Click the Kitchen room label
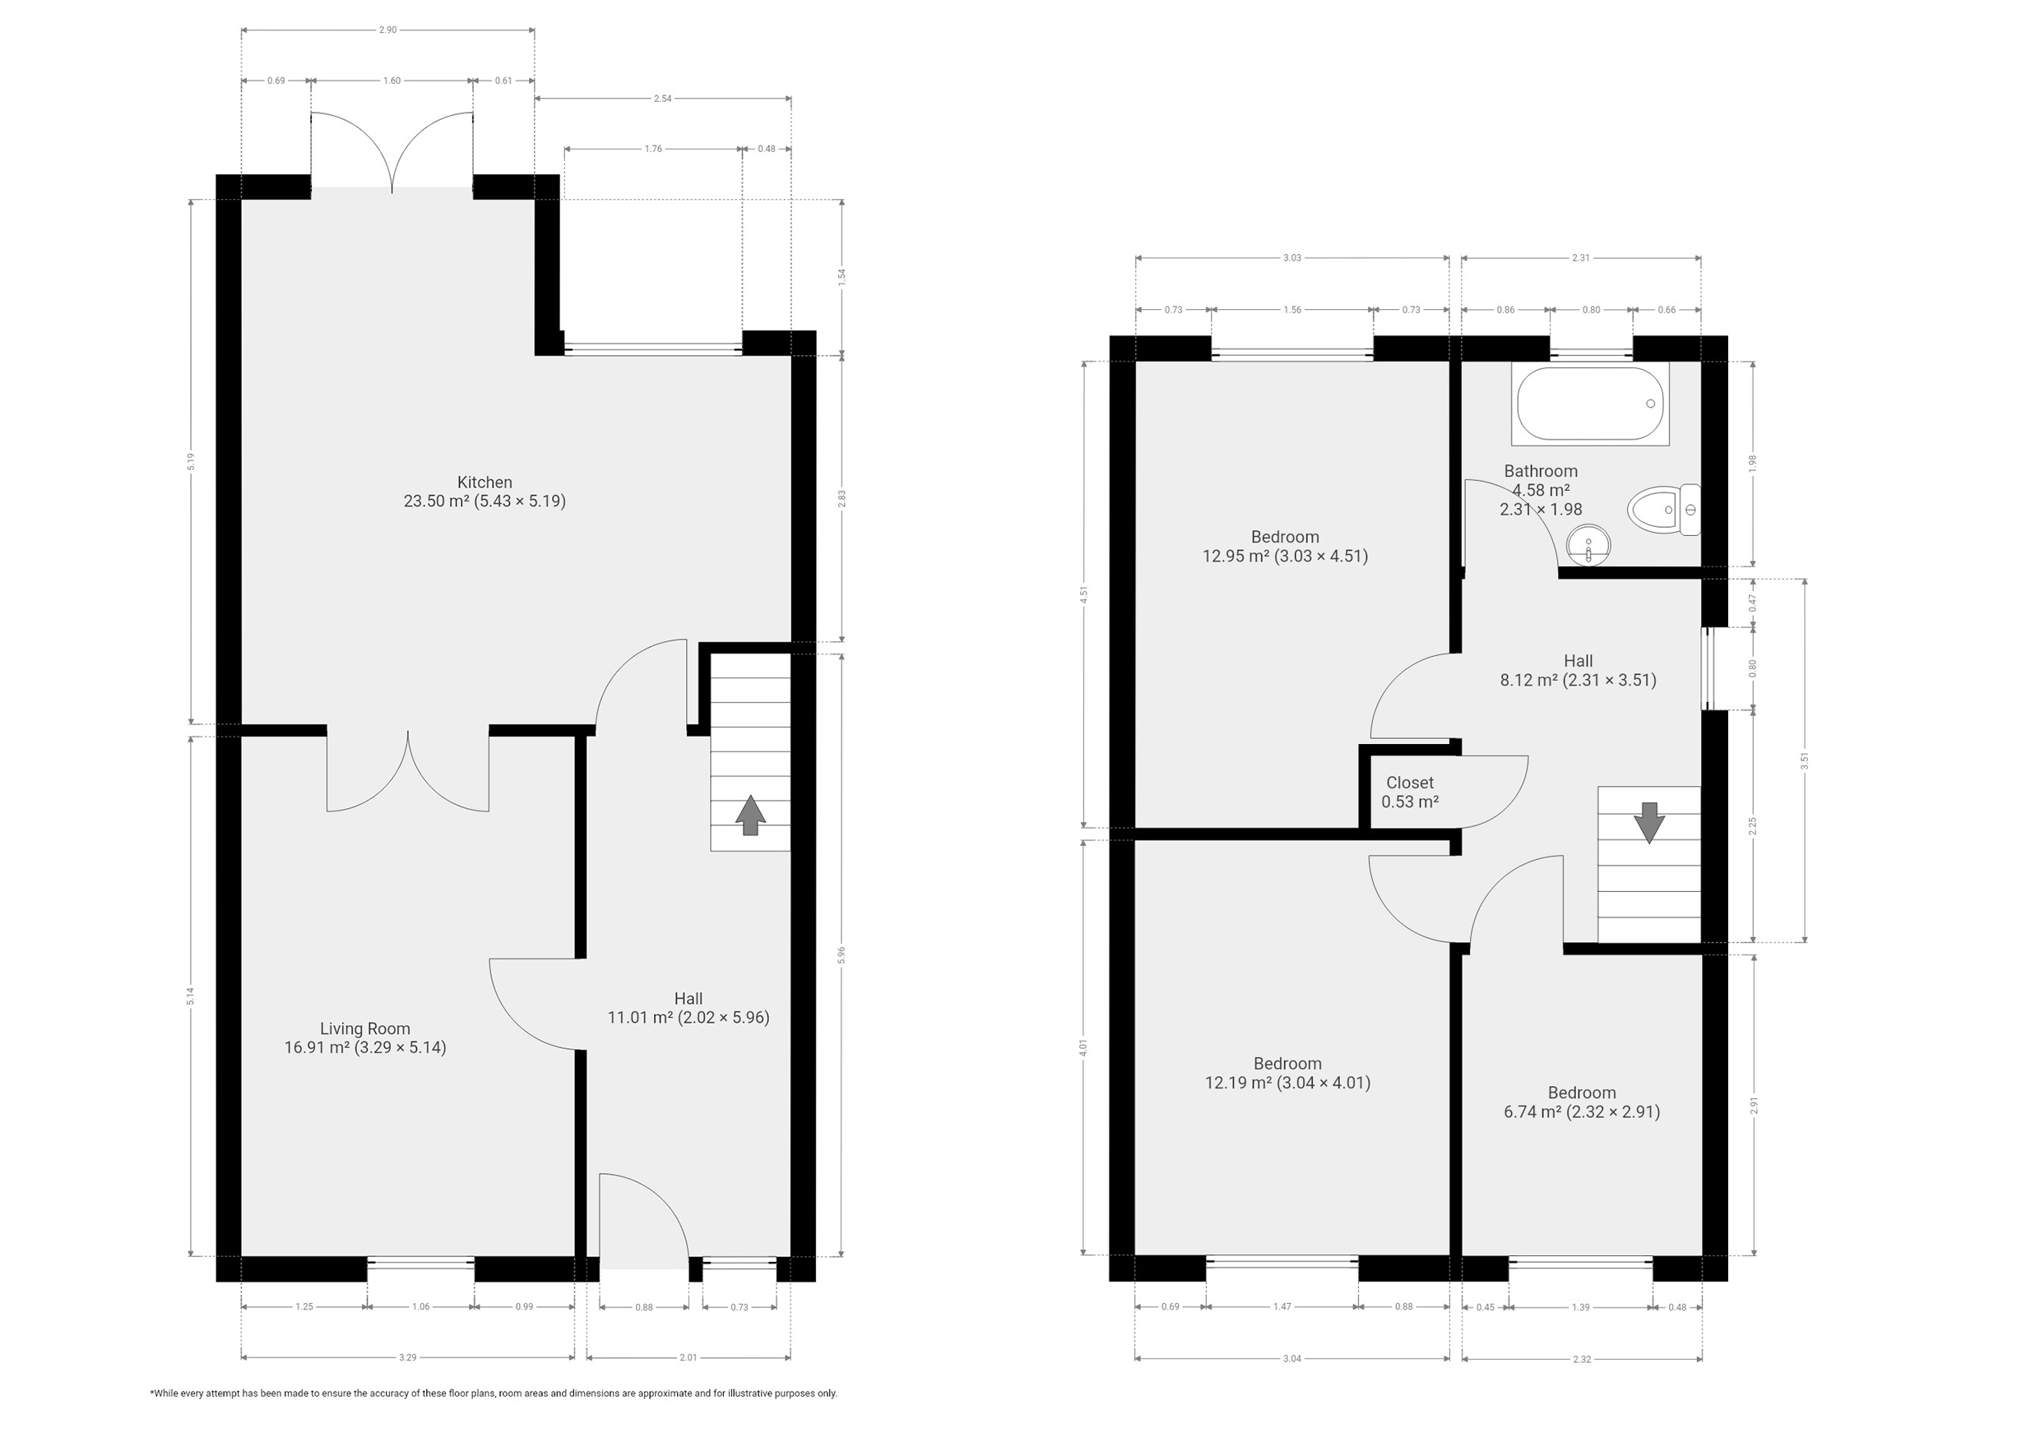[x=484, y=483]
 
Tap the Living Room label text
[x=365, y=1028]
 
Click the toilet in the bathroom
[x=1663, y=510]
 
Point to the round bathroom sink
[x=1588, y=545]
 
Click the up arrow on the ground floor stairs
[x=750, y=815]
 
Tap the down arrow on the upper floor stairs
[x=1649, y=822]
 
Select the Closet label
[x=1410, y=783]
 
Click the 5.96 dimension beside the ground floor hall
[x=841, y=954]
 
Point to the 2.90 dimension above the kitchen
[x=387, y=30]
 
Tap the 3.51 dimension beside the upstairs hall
[x=1805, y=761]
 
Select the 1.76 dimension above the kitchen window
[x=653, y=148]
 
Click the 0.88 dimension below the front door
[x=644, y=1306]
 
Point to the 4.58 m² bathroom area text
[x=1541, y=490]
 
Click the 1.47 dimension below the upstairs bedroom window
[x=1282, y=1306]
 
